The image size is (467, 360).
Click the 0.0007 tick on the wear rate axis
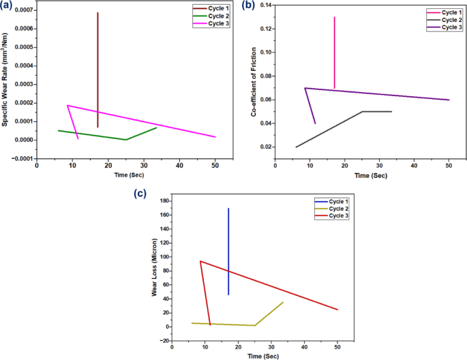(x=20, y=10)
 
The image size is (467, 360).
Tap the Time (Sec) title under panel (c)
(x=263, y=356)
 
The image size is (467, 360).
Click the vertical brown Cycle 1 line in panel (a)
(x=98, y=68)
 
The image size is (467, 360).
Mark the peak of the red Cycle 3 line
(x=200, y=261)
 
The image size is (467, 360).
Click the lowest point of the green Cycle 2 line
(x=125, y=140)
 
